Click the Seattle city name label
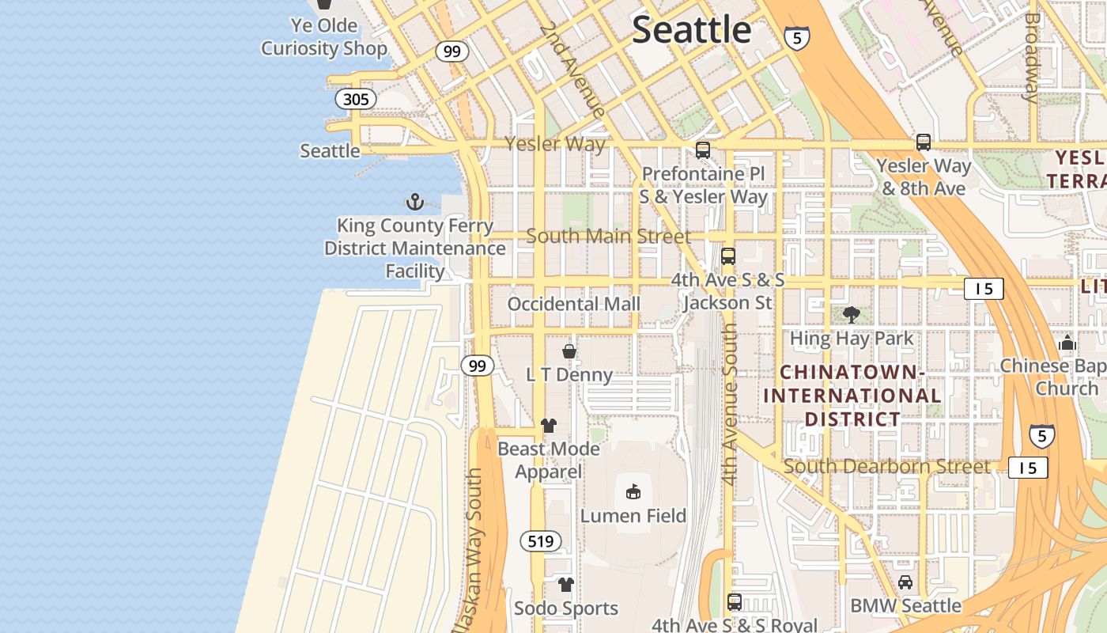tap(691, 30)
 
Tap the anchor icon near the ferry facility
tap(415, 203)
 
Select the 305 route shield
tap(356, 99)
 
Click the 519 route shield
tap(541, 541)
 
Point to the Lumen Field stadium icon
tap(633, 492)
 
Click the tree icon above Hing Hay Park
tap(852, 315)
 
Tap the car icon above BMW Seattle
tap(905, 582)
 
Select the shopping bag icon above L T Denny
tap(569, 351)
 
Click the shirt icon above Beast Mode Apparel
tap(549, 426)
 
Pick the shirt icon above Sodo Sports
tap(566, 585)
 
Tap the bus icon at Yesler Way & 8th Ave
tap(923, 142)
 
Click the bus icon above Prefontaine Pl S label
tap(702, 150)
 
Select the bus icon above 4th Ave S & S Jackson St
tap(728, 256)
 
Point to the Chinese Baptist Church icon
tap(1067, 343)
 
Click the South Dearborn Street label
tap(886, 467)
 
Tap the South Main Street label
tap(608, 236)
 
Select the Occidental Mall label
tap(573, 304)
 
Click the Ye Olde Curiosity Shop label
tap(324, 37)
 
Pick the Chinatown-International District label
tap(852, 395)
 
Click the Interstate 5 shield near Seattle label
tap(797, 37)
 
